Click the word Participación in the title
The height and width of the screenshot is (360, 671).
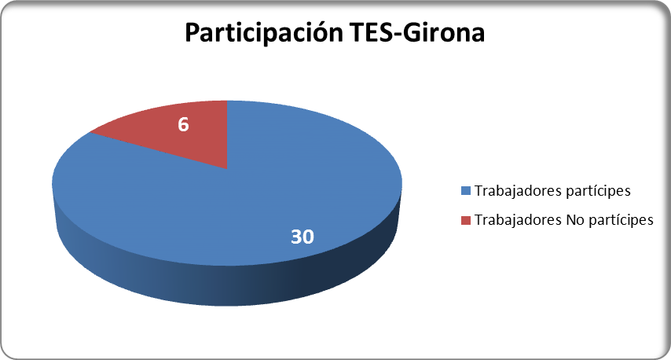coord(264,32)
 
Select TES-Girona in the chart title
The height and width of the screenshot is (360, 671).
coord(417,31)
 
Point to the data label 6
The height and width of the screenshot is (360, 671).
coord(183,124)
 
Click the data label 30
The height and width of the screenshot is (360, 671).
coord(302,237)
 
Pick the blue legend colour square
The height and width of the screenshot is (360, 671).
coord(466,191)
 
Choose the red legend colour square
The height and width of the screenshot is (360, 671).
coord(466,220)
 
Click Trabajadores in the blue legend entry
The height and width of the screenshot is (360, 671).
coord(519,191)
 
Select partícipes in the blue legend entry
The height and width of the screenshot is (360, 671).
coord(598,191)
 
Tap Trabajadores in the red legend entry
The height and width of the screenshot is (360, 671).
coord(519,220)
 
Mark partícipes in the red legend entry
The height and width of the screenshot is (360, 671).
coord(621,220)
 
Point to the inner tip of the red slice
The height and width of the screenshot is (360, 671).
coord(227,169)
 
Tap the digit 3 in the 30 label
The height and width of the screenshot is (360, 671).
coord(296,237)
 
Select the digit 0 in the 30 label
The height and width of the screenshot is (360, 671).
coord(309,237)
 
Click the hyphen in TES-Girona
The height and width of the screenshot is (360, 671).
coord(398,34)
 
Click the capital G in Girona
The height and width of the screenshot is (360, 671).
coord(412,32)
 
